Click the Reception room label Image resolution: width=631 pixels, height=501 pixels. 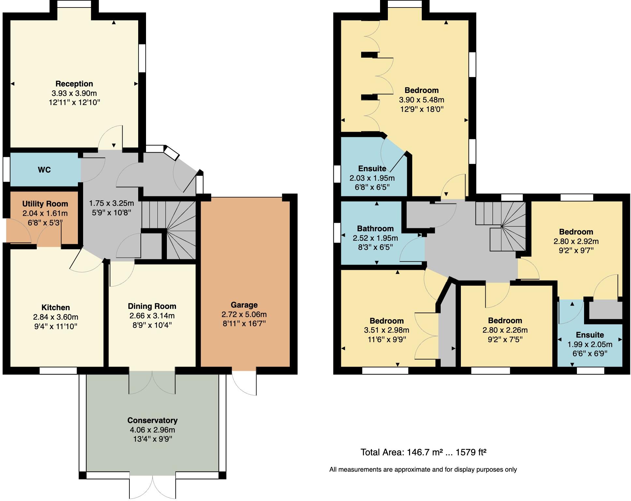74,84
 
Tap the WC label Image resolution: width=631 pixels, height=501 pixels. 44,170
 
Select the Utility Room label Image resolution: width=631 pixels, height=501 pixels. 45,204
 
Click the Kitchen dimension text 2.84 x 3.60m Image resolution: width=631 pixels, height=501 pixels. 56,317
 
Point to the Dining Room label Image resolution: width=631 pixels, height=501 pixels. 152,306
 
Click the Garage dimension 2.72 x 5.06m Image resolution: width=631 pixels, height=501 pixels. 244,314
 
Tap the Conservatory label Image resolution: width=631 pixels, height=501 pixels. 152,420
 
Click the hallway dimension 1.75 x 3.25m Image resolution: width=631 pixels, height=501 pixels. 111,203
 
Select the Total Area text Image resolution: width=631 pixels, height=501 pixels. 423,452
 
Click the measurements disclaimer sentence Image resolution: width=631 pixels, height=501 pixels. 423,470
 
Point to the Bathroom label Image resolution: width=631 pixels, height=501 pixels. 375,229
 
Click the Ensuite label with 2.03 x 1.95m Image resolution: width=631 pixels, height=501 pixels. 372,169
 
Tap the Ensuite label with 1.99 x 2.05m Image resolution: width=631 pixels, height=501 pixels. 590,335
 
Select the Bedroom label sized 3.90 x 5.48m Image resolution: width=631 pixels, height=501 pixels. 421,90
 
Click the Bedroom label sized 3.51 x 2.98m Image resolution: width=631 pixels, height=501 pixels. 387,321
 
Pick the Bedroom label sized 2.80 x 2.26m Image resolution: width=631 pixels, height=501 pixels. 505,321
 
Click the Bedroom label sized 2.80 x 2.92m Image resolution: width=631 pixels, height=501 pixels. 576,232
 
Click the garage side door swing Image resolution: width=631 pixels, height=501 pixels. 244,383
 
